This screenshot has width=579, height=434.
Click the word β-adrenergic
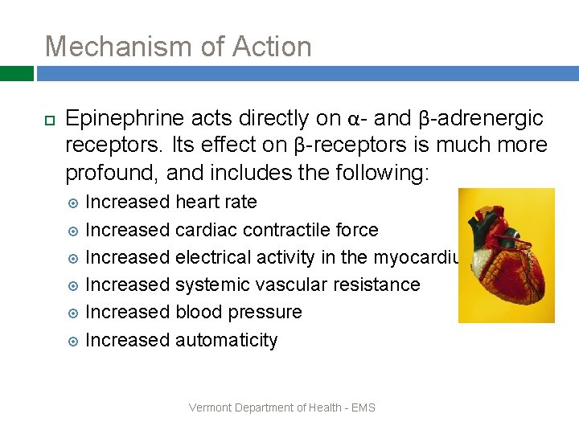(x=481, y=119)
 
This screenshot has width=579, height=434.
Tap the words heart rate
(x=216, y=202)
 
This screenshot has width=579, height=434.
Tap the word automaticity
(x=226, y=341)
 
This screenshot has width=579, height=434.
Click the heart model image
(x=507, y=255)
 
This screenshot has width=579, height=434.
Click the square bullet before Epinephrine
(x=49, y=120)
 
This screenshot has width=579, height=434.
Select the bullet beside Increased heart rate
(x=73, y=203)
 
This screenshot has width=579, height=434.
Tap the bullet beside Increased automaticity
(x=73, y=341)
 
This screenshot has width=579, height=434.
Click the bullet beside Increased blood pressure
(x=73, y=313)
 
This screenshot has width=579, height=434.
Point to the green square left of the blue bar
(x=16, y=74)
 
